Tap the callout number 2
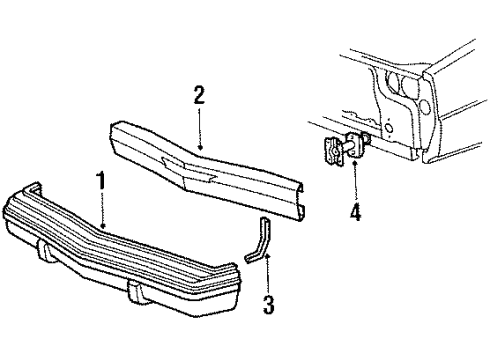199,96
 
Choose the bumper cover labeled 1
130,250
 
